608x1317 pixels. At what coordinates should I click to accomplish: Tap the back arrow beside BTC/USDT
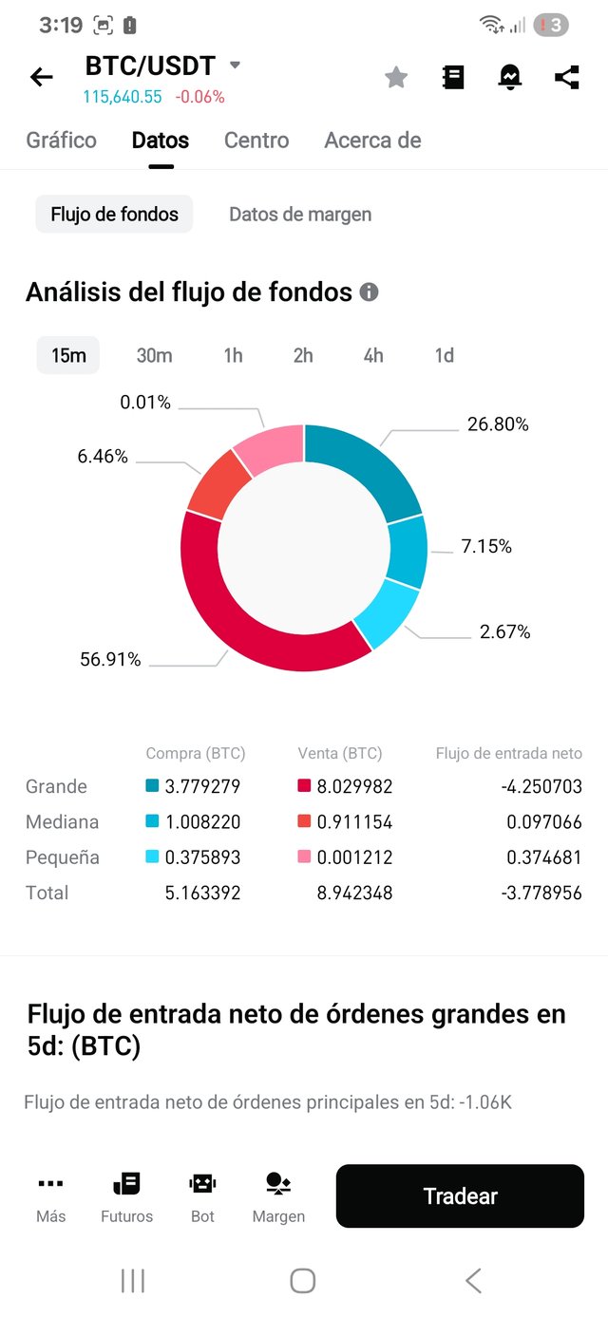42,77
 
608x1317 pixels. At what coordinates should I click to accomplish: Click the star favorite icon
396,78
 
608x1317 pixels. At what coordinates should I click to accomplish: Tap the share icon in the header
567,77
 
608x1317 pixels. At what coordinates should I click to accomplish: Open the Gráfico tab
62,141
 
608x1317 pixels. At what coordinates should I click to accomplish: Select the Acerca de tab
372,141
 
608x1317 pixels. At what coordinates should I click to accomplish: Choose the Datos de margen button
300,215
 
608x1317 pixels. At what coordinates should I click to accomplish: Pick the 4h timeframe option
373,355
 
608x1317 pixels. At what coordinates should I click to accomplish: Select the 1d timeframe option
444,355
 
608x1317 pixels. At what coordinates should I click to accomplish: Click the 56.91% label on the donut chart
110,659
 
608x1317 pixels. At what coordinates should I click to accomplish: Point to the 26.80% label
498,424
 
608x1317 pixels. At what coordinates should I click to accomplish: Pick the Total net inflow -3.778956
542,894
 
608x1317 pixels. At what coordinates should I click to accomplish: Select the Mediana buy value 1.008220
202,822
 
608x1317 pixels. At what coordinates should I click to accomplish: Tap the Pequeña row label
63,857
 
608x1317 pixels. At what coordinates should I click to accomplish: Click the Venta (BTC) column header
339,754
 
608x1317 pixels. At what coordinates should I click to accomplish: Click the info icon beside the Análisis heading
370,292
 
